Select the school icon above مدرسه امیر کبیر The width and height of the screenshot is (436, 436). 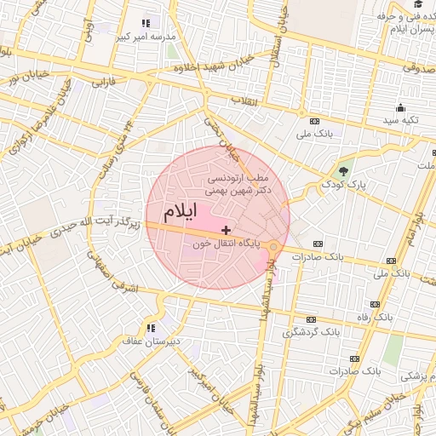point(145,24)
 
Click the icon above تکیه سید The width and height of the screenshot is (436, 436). point(400,107)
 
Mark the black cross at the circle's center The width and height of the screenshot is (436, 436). point(226,230)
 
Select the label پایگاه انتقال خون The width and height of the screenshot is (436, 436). point(226,244)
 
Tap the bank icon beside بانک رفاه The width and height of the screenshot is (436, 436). point(375,304)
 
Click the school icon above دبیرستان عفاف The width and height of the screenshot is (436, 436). point(151,328)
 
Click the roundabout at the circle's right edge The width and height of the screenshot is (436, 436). point(273,247)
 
